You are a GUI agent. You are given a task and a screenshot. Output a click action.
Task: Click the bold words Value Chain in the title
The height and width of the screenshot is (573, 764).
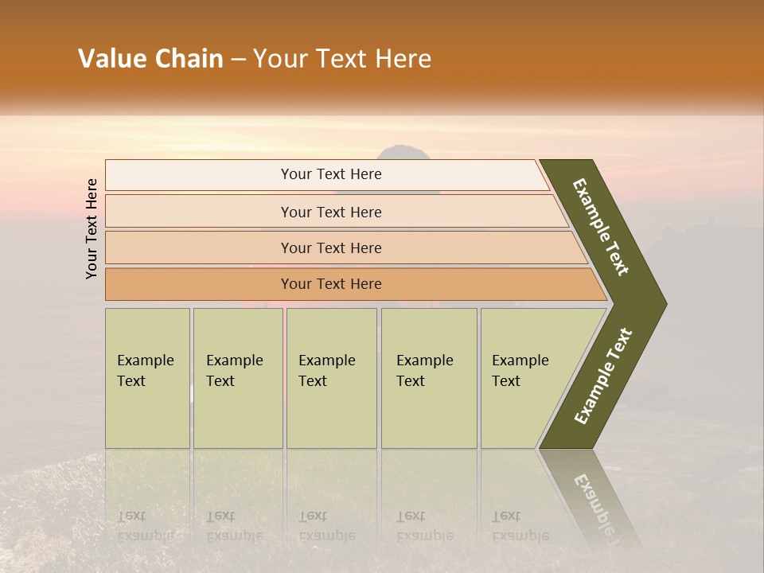150,59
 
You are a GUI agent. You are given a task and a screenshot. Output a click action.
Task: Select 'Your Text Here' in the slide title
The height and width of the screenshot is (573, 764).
342,59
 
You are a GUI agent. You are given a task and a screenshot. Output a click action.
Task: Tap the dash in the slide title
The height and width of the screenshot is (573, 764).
238,60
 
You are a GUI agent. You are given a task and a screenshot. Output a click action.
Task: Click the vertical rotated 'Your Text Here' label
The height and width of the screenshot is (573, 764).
92,228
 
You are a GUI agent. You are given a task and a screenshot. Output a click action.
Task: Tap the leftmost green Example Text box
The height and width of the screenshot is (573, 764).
147,378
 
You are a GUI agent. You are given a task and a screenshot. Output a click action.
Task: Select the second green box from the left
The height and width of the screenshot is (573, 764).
238,378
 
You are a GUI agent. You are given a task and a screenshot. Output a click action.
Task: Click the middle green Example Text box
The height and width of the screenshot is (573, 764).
331,378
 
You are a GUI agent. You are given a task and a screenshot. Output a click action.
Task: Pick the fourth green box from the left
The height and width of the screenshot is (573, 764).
429,378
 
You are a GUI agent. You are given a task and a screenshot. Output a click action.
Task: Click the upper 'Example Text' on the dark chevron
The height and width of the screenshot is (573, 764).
601,227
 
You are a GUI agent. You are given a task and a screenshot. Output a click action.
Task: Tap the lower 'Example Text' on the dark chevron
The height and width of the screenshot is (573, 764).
603,376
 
